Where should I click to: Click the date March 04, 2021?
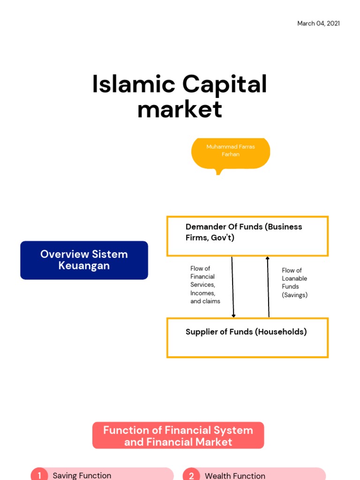318,23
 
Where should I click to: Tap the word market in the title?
180,109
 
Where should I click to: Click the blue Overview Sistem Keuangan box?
84,260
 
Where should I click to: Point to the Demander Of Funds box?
247,236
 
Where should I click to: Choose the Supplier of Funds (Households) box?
247,337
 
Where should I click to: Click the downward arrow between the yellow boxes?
233,287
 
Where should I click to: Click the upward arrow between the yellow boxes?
268,287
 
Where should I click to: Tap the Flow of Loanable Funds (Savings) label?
294,283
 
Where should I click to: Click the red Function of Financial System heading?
178,435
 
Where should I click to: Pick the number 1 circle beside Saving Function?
39,475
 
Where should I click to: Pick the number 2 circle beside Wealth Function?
191,475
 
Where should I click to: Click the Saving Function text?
82,475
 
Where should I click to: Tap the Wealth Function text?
235,475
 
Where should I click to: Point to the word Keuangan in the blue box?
84,266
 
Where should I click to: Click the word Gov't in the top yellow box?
222,238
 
